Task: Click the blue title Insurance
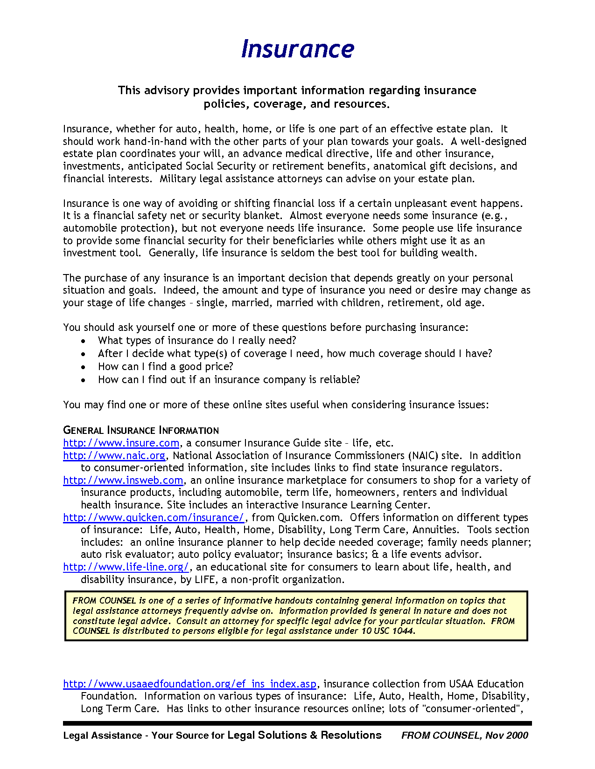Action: pos(297,49)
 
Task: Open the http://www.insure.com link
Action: pos(121,443)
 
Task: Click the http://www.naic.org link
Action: pos(114,455)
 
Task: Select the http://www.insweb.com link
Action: pos(123,480)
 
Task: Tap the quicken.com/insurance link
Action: pos(154,517)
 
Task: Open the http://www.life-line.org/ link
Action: pos(126,567)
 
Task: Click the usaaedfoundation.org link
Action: pos(189,684)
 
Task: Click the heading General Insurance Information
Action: pos(140,430)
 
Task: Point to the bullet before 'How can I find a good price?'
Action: pos(83,367)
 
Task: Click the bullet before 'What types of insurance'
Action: pos(83,341)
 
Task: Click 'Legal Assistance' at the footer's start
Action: pos(102,735)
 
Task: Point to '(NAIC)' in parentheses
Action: pos(423,455)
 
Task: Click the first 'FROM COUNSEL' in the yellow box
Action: pos(104,601)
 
